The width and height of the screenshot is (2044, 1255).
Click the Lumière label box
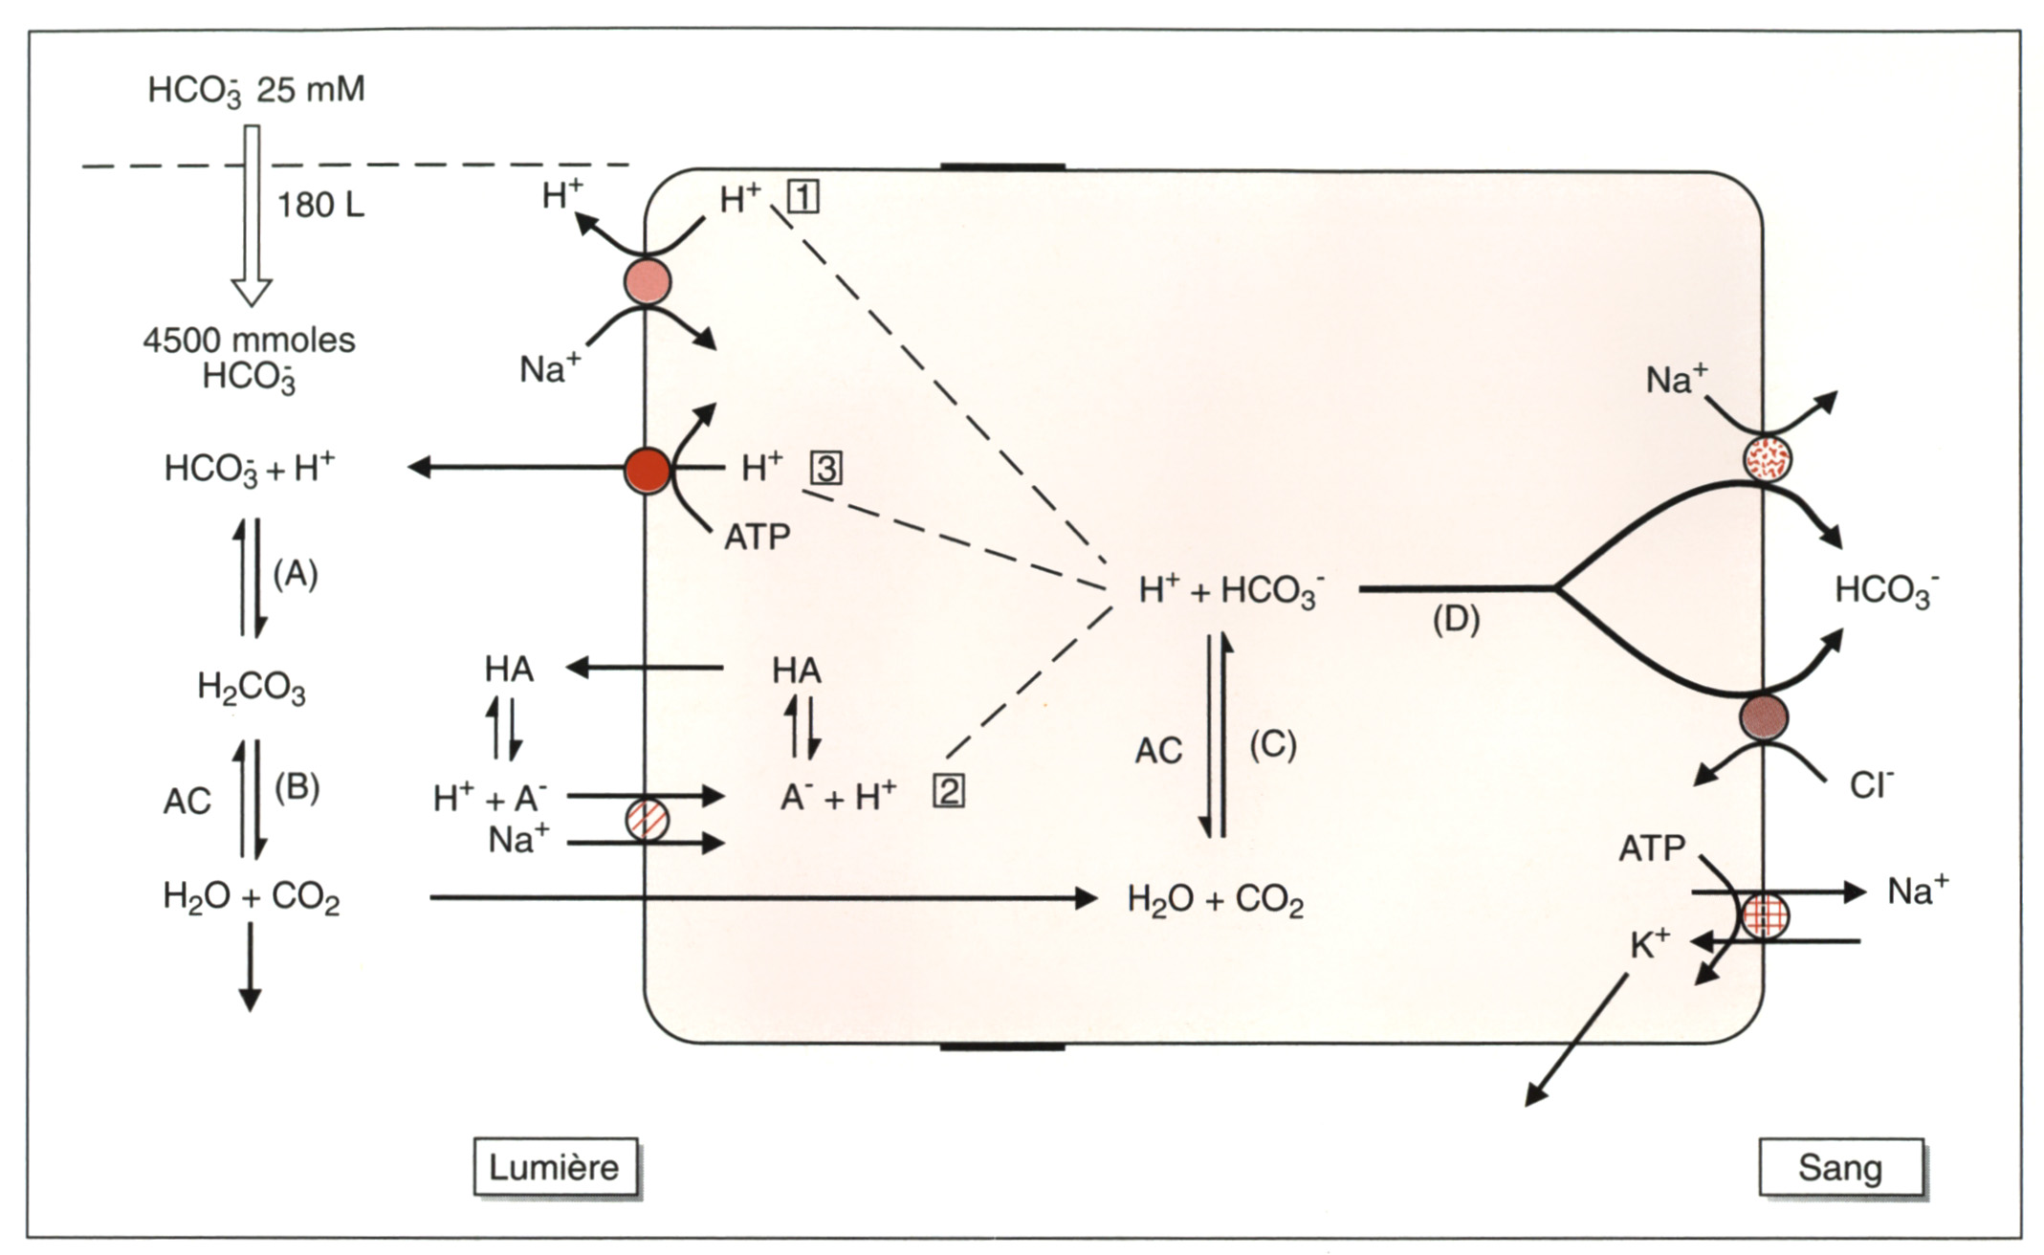pos(556,1167)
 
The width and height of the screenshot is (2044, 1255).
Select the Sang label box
pos(1840,1167)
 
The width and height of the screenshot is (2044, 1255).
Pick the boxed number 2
pos(948,792)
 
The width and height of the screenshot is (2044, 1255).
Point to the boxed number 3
pos(826,468)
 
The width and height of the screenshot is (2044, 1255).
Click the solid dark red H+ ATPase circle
pos(648,470)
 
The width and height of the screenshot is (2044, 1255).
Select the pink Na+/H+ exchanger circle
pos(648,281)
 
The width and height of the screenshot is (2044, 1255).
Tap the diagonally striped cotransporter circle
pos(647,821)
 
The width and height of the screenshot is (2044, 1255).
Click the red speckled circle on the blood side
pos(1767,458)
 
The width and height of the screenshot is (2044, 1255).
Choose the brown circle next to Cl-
pos(1764,716)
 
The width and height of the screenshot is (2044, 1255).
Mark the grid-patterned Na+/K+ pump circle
pos(1765,916)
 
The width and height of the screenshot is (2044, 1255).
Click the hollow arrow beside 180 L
pos(253,216)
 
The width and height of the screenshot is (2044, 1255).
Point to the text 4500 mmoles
pos(250,341)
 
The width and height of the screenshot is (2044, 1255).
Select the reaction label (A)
pos(296,574)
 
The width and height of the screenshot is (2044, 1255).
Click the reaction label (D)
pos(1456,620)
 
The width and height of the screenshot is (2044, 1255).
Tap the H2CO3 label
pos(252,688)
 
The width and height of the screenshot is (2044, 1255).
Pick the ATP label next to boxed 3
pos(757,538)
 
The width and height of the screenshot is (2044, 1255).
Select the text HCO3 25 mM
pos(256,92)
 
